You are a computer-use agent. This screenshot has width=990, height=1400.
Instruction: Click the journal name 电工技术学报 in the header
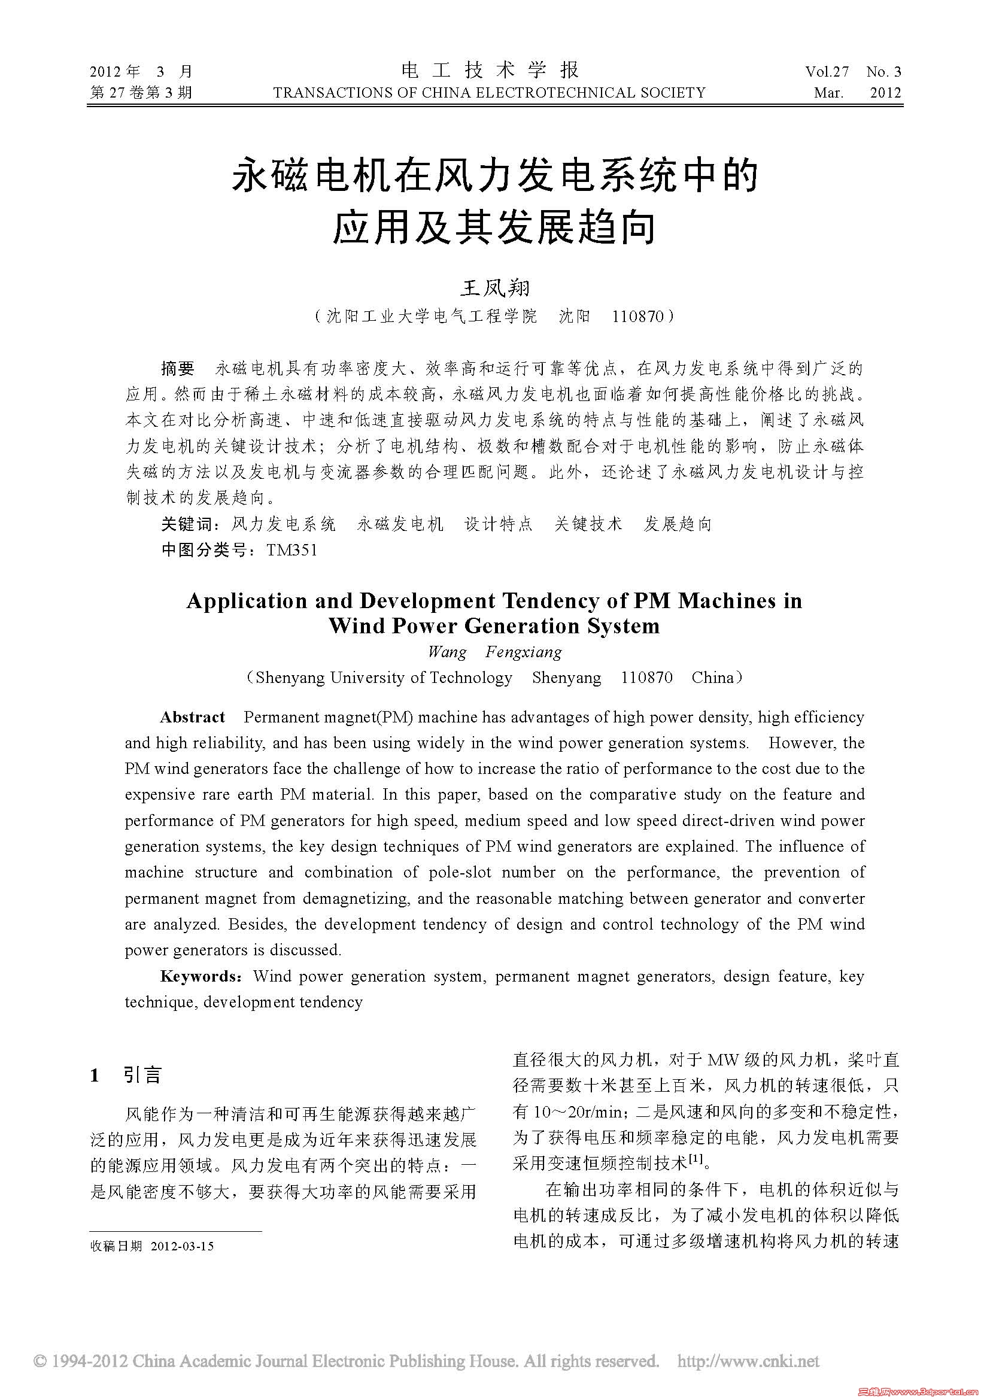coord(490,70)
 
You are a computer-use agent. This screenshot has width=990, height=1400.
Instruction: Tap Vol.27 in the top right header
coord(827,72)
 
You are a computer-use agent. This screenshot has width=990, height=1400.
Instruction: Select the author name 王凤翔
coord(494,287)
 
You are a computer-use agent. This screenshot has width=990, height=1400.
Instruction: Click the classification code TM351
coord(291,551)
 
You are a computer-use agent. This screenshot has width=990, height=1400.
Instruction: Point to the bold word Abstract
coord(192,717)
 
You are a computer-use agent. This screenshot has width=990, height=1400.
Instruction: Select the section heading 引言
coord(142,1075)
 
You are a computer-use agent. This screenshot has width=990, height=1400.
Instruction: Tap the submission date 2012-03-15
coord(183,1246)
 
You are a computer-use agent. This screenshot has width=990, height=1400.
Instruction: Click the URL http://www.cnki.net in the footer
coord(749,1361)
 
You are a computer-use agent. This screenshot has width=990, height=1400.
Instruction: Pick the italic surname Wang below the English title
coord(447,652)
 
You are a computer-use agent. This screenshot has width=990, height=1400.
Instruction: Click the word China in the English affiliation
coord(713,678)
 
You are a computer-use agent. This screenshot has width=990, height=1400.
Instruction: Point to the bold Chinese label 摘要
coord(177,368)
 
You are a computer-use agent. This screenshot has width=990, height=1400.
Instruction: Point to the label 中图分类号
coord(204,551)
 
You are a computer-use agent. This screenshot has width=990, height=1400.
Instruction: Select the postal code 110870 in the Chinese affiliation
coord(637,317)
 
